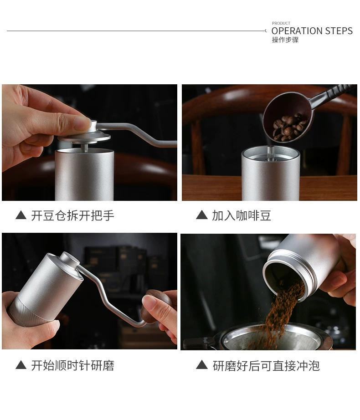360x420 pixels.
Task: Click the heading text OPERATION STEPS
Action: (x=312, y=31)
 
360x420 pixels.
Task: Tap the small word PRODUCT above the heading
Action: (x=281, y=23)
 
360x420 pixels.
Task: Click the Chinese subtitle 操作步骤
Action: (x=285, y=40)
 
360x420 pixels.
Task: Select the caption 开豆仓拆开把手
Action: (x=72, y=215)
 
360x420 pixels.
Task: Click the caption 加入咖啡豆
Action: (x=242, y=215)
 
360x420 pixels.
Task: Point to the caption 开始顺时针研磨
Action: (x=72, y=365)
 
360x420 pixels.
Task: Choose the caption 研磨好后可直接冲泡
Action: (x=266, y=366)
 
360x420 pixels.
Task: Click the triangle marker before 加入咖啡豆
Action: (x=202, y=215)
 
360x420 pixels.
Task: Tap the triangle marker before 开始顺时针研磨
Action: (x=21, y=365)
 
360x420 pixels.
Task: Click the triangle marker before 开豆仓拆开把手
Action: (x=21, y=215)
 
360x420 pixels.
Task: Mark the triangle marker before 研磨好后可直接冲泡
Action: (x=202, y=365)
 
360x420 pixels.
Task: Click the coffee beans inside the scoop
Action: (x=290, y=128)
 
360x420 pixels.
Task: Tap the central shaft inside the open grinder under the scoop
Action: (x=270, y=153)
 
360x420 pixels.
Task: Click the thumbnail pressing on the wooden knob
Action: (x=149, y=301)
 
